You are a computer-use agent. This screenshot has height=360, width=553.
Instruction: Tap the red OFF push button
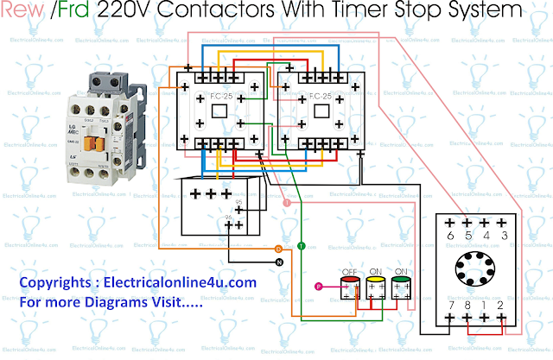[351, 285]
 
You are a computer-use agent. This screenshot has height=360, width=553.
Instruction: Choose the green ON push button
[400, 285]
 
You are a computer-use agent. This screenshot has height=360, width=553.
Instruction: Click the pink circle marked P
[318, 286]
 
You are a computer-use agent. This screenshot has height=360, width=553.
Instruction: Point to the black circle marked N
[278, 261]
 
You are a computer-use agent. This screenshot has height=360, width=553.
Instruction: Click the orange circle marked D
[278, 249]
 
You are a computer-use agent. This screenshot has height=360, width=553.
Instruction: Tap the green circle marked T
[301, 247]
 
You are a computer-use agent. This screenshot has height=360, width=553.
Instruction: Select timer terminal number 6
[450, 236]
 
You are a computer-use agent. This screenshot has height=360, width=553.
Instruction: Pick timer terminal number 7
[450, 304]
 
